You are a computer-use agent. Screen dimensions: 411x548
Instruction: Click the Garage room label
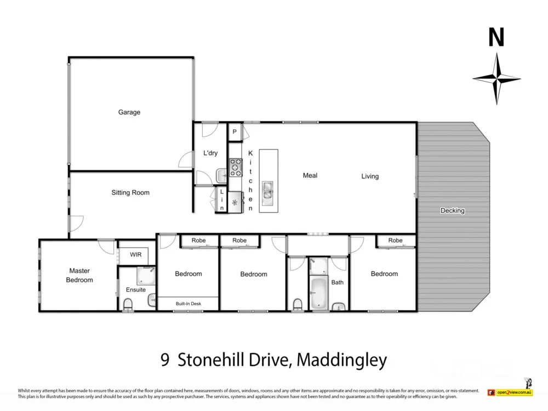pyautogui.click(x=129, y=112)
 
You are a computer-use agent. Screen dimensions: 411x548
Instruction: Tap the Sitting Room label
pyautogui.click(x=130, y=193)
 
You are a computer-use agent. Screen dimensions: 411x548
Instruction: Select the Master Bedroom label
pyautogui.click(x=79, y=275)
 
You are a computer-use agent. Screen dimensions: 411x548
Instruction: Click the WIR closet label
pyautogui.click(x=136, y=255)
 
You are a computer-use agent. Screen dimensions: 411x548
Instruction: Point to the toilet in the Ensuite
pyautogui.click(x=128, y=304)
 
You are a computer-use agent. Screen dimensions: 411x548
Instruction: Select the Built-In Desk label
pyautogui.click(x=188, y=303)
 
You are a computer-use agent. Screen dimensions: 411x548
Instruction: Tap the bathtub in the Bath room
pyautogui.click(x=318, y=293)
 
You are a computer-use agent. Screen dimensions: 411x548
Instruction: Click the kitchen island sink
pyautogui.click(x=268, y=190)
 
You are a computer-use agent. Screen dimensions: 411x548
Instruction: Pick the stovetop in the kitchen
pyautogui.click(x=236, y=167)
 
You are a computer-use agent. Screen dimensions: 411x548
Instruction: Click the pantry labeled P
pyautogui.click(x=235, y=132)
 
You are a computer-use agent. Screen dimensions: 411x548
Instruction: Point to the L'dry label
pyautogui.click(x=210, y=153)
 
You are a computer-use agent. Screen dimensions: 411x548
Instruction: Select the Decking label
pyautogui.click(x=452, y=210)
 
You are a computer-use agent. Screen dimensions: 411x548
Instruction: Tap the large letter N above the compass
pyautogui.click(x=496, y=37)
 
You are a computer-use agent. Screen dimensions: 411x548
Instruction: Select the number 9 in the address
pyautogui.click(x=164, y=360)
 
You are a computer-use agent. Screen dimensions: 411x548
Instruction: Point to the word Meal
pyautogui.click(x=310, y=175)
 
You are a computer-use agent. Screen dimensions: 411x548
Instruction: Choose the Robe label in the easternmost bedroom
pyautogui.click(x=395, y=241)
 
